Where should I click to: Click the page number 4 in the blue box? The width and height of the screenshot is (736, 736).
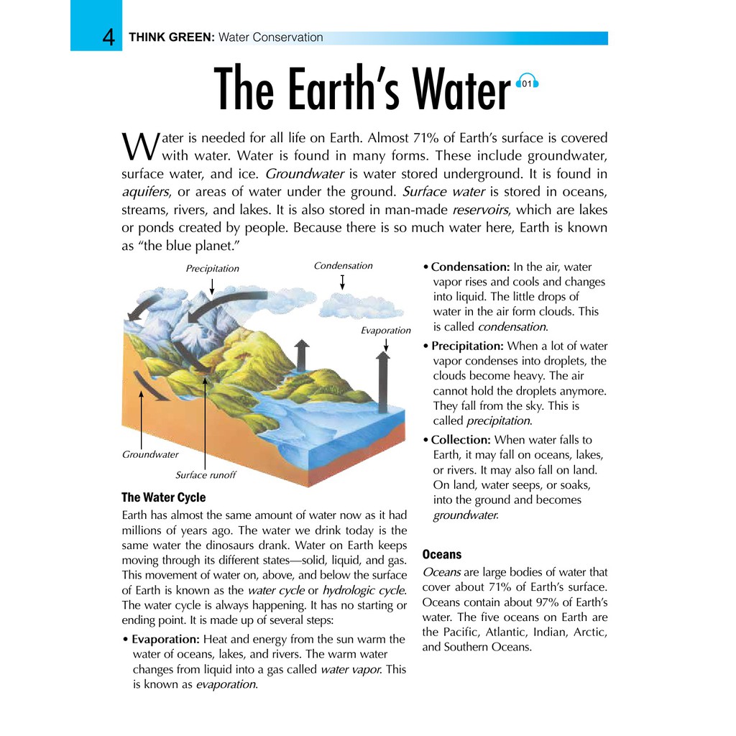coord(109,37)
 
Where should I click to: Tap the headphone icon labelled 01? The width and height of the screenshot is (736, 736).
coord(528,83)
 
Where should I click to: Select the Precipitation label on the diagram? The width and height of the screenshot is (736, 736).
coord(212,269)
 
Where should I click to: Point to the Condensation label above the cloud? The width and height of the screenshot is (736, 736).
coord(343,266)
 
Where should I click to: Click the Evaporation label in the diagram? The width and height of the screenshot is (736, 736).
coord(385,331)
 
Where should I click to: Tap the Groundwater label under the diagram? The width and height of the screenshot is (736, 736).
coord(150,455)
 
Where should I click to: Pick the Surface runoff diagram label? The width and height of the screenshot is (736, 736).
coord(206,475)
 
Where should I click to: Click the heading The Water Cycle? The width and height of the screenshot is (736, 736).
coord(163,497)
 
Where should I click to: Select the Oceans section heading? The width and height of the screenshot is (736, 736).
coord(442,555)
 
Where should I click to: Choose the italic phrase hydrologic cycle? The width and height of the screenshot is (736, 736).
coord(364,590)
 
